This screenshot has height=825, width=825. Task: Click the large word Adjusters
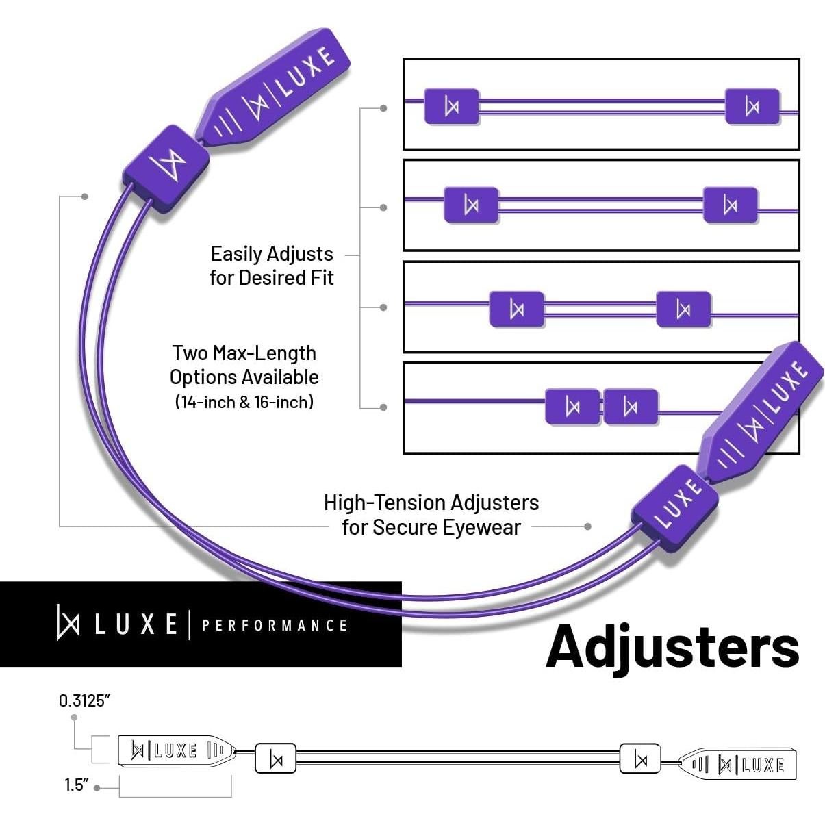(x=672, y=646)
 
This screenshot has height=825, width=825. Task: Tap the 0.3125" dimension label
(x=84, y=700)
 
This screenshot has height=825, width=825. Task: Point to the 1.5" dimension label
(x=77, y=785)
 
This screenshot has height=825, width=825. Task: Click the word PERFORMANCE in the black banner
(x=275, y=625)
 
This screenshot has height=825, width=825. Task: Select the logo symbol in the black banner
(x=68, y=622)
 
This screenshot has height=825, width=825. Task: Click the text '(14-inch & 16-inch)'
(x=244, y=401)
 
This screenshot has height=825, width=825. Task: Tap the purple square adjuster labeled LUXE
(x=674, y=507)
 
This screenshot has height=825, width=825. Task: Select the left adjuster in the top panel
(x=451, y=106)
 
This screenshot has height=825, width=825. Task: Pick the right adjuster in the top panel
(x=752, y=106)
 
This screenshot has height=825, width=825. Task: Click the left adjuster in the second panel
(x=471, y=205)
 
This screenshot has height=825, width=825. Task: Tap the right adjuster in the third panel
(x=683, y=309)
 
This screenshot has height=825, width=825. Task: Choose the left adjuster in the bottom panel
(x=572, y=407)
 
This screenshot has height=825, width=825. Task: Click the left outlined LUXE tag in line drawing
(x=177, y=750)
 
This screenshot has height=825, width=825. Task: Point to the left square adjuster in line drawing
(x=275, y=759)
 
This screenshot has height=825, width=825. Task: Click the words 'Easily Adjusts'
(x=271, y=254)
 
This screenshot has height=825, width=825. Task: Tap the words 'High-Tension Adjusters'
(x=431, y=503)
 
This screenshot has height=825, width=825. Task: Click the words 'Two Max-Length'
(x=244, y=353)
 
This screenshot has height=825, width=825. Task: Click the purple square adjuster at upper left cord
(x=166, y=168)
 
